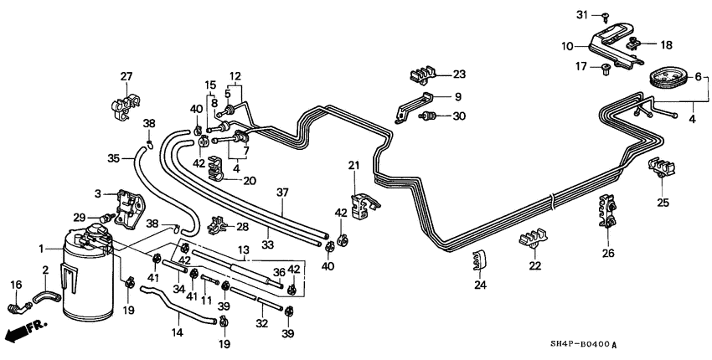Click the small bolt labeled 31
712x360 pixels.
(x=604, y=15)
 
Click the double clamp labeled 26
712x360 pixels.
(x=607, y=214)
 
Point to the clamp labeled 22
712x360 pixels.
(x=533, y=240)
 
